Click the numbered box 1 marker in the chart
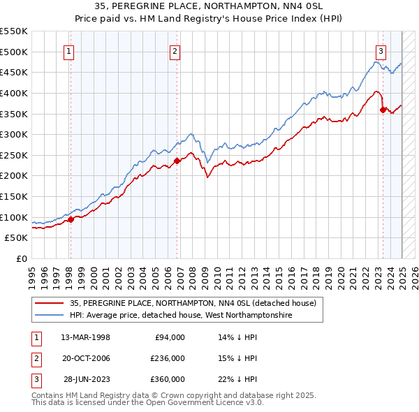(70, 50)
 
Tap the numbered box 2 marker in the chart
(175, 50)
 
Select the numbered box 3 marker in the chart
(381, 50)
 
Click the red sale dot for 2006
(177, 161)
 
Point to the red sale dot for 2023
(383, 110)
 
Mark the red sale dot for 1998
(71, 219)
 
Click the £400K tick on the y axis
(13, 93)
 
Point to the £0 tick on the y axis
(22, 258)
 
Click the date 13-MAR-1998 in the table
(86, 337)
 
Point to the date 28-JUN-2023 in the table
(87, 379)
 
